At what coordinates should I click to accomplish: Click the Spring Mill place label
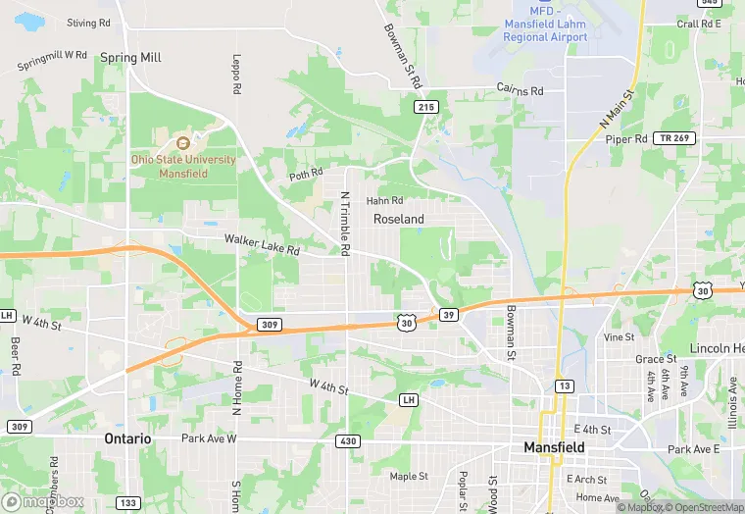pyautogui.click(x=130, y=58)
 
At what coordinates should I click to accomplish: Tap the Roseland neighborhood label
pyautogui.click(x=399, y=220)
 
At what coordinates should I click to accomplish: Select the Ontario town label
pyautogui.click(x=128, y=439)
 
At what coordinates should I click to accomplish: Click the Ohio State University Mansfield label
pyautogui.click(x=184, y=166)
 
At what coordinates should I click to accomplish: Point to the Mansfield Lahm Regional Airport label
pyautogui.click(x=545, y=29)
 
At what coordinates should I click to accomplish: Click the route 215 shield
pyautogui.click(x=424, y=106)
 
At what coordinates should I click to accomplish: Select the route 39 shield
pyautogui.click(x=448, y=314)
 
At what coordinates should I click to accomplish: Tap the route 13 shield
pyautogui.click(x=564, y=385)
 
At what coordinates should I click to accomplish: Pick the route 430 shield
pyautogui.click(x=348, y=441)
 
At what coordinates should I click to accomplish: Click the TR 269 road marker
pyautogui.click(x=675, y=138)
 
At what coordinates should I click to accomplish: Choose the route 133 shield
pyautogui.click(x=128, y=502)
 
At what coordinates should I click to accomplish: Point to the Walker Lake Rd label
pyautogui.click(x=262, y=244)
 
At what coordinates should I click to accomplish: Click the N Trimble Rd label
pyautogui.click(x=345, y=224)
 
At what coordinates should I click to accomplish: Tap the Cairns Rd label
pyautogui.click(x=520, y=90)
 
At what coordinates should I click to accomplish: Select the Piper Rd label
pyautogui.click(x=626, y=139)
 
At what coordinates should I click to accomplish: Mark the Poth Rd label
pyautogui.click(x=305, y=174)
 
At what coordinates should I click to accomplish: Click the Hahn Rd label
pyautogui.click(x=384, y=200)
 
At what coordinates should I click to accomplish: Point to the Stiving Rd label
pyautogui.click(x=89, y=23)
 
